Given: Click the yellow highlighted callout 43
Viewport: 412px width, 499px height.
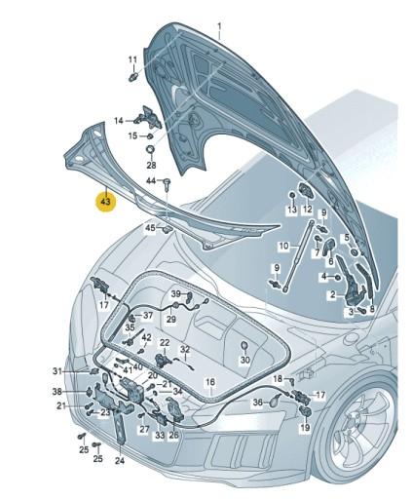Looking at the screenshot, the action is [x=105, y=202].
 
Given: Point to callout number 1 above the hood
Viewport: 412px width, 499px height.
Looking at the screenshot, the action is [x=219, y=25].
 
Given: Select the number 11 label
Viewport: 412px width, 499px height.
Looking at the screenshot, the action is [x=132, y=59].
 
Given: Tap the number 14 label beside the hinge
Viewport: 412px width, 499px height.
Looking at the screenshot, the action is [x=119, y=121].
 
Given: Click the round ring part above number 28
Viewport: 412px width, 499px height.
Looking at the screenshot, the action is [x=151, y=151].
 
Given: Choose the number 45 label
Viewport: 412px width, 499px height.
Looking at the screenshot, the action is [x=150, y=228].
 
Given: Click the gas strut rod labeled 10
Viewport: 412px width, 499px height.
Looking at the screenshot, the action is [x=298, y=255].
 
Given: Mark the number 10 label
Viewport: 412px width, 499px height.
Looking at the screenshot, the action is [x=283, y=246].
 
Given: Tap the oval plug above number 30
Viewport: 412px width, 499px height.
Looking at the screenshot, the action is [x=244, y=346].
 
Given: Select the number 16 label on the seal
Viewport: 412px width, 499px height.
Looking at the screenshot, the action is [x=210, y=382].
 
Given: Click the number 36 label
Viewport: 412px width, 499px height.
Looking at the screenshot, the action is [x=258, y=403].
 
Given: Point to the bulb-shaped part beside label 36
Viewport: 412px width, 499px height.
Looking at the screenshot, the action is [x=276, y=400].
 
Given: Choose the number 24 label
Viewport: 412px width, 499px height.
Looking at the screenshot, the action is [x=120, y=460].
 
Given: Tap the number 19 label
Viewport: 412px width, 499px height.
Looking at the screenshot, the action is [x=305, y=428].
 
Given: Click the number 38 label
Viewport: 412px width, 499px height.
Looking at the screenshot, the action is [x=57, y=392].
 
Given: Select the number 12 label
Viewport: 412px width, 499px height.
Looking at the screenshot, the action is [x=307, y=210].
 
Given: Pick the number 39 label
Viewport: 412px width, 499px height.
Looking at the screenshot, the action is [x=175, y=294].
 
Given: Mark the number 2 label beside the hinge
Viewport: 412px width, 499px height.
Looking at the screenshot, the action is [x=333, y=294].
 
